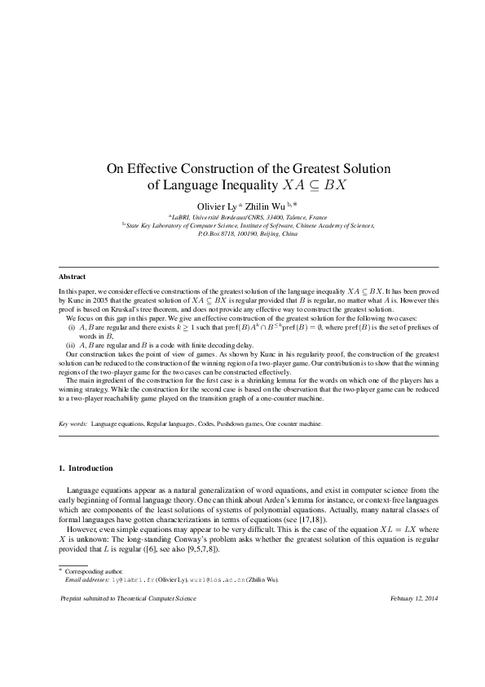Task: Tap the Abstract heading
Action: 73,277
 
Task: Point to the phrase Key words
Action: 73,424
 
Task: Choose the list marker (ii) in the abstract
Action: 71,346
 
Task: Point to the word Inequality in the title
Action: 248,185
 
